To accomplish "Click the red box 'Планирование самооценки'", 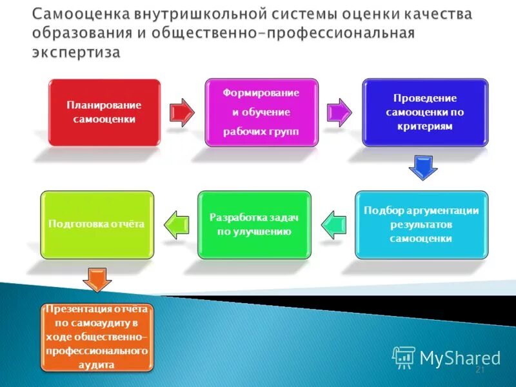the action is [x=104, y=112].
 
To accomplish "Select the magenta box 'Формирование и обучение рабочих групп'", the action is [x=261, y=112].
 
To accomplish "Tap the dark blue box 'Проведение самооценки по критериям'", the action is [x=425, y=112].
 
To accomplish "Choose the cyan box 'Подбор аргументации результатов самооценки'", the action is [x=421, y=224].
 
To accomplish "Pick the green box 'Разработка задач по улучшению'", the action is [x=254, y=224].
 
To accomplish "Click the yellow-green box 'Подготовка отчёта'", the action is [x=97, y=224].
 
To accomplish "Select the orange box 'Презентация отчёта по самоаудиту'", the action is [x=97, y=337].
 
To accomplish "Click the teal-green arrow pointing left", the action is [x=333, y=223].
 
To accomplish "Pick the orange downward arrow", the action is [x=97, y=280].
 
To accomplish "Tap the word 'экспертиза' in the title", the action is [x=76, y=52].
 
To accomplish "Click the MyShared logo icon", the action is [x=404, y=357].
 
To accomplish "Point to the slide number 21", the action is [x=479, y=370].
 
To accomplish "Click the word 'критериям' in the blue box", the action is [x=425, y=126].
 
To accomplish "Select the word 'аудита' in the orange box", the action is [x=97, y=364].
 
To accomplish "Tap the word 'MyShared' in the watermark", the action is [x=460, y=357].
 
